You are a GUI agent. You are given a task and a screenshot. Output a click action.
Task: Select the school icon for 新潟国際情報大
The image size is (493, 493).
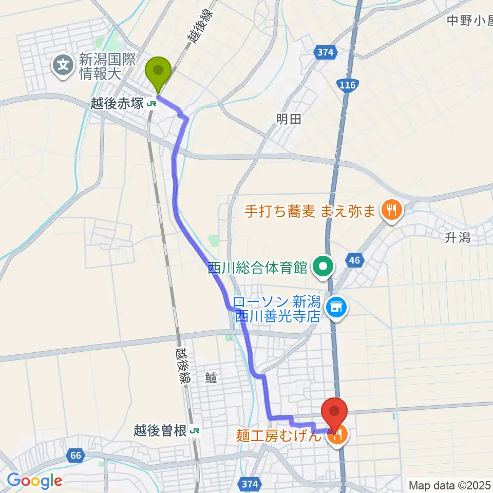(x=64, y=65)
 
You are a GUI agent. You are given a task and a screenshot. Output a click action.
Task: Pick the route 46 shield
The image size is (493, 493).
(x=354, y=260)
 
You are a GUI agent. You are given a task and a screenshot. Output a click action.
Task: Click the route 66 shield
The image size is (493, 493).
(x=76, y=455)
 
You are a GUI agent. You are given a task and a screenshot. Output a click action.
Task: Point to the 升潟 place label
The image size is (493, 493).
(x=458, y=238)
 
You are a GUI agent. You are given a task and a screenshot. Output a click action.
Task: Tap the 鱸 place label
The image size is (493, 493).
(x=212, y=378)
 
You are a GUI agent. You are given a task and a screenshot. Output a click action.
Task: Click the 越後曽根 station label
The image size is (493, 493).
(x=160, y=431)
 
